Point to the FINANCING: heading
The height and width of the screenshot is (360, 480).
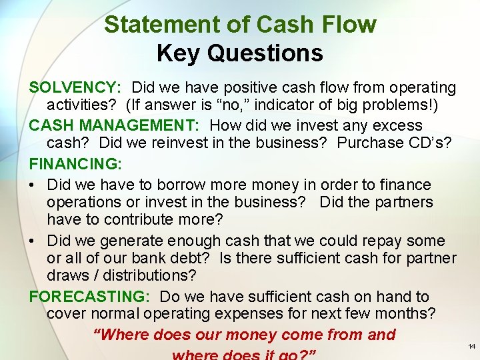pos(73,163)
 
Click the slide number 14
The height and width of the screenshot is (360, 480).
pos(472,346)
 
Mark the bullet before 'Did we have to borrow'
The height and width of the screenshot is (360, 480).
pos(33,185)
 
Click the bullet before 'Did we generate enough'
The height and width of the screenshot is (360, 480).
pos(33,241)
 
